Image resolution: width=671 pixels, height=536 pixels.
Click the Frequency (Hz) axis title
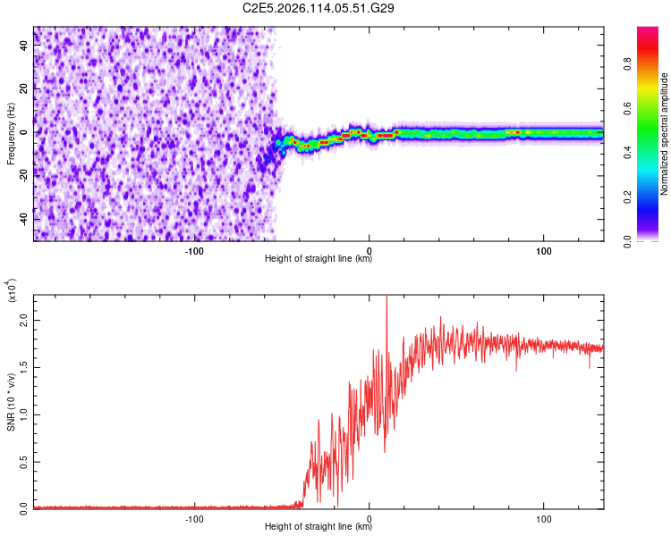coord(11,134)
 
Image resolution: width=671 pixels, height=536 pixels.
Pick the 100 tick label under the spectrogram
coord(543,250)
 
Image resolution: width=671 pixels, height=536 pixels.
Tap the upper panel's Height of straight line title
coord(319,259)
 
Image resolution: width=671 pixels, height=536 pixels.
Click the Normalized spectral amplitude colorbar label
coord(665,134)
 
